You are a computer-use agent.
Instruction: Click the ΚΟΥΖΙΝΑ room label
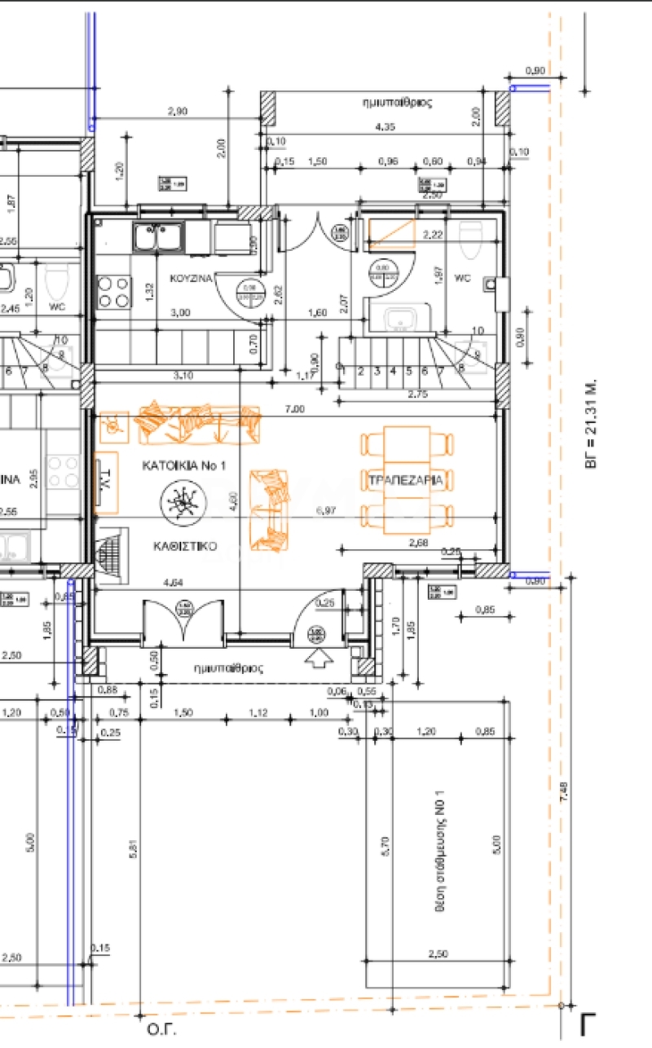191,278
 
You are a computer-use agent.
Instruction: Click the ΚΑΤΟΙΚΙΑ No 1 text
183,466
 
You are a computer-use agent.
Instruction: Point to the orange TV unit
105,482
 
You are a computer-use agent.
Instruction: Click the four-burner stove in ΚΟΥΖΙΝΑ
114,292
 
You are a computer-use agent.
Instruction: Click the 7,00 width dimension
295,408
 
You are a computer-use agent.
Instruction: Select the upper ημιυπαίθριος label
398,103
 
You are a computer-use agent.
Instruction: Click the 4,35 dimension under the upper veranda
385,127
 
